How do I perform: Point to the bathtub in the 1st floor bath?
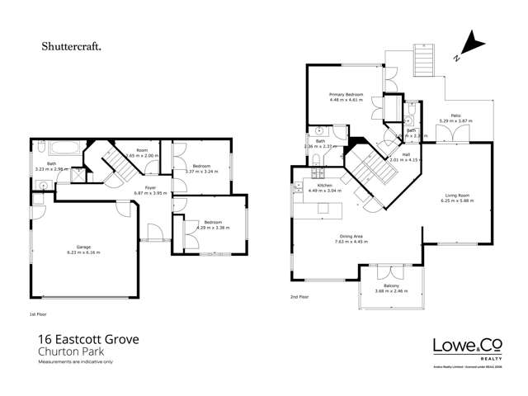pos(61,150)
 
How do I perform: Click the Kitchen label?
pos(324,186)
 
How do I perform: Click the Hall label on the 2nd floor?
pos(406,156)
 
